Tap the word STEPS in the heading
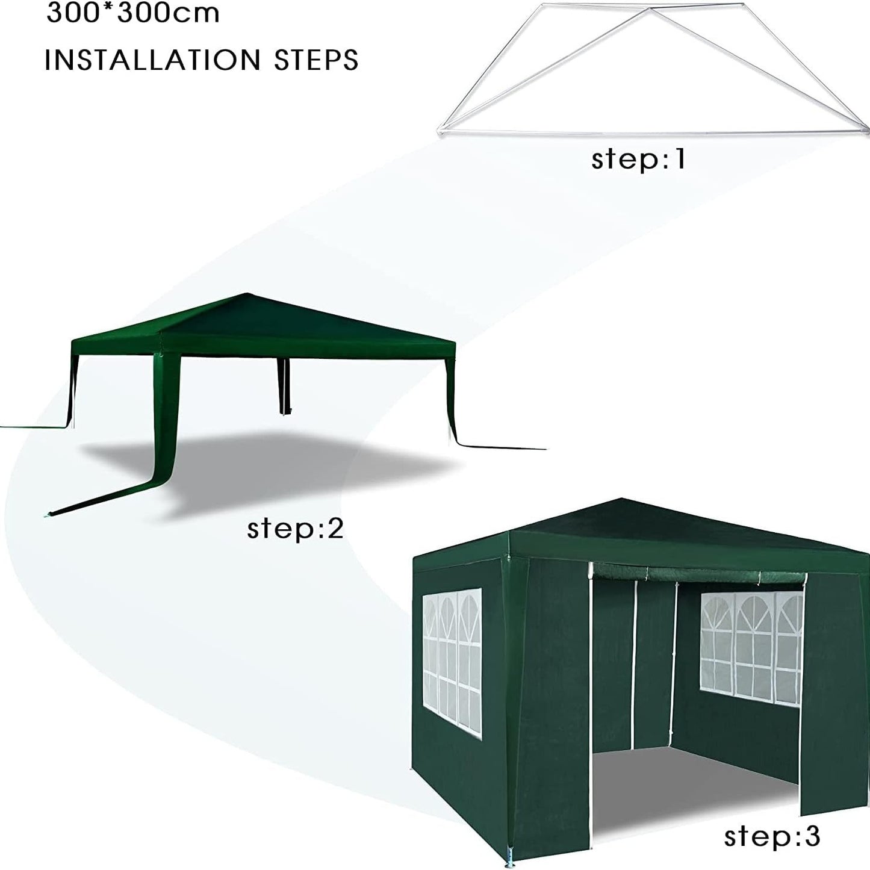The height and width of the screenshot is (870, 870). (x=316, y=60)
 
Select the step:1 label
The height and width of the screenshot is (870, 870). (x=638, y=159)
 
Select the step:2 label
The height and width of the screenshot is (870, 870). (x=295, y=529)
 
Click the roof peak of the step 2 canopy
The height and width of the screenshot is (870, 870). (x=246, y=294)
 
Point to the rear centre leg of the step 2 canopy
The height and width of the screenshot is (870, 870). (x=284, y=386)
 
